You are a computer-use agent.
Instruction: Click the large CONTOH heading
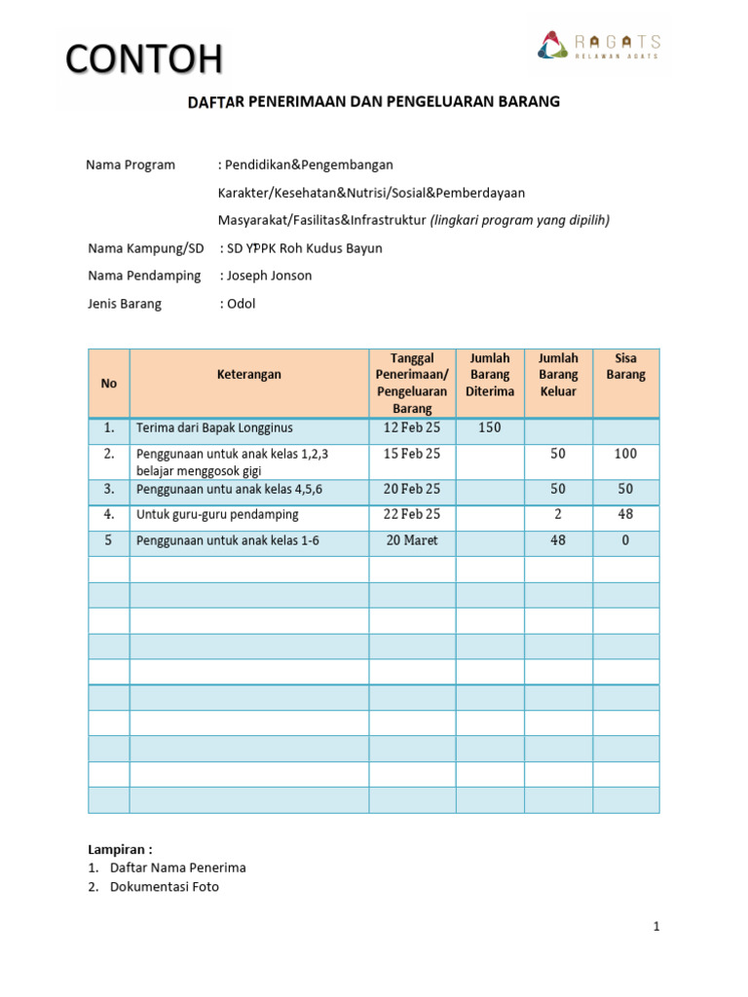click(x=144, y=59)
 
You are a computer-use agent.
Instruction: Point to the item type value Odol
click(x=241, y=304)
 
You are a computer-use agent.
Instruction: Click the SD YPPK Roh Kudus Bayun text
click(x=304, y=248)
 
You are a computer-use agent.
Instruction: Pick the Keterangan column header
click(x=248, y=374)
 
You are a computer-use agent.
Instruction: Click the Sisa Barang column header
click(x=625, y=366)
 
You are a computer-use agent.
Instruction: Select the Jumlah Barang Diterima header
click(x=490, y=374)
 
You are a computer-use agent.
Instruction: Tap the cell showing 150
click(x=490, y=427)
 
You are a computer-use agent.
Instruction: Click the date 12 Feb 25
click(x=412, y=427)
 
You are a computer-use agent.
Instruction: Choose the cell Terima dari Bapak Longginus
click(x=214, y=427)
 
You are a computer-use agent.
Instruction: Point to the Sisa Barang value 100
click(x=625, y=454)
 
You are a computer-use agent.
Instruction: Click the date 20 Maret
click(x=412, y=540)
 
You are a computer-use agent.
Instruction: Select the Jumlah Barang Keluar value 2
click(x=558, y=514)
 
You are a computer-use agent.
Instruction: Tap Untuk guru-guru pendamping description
click(x=217, y=514)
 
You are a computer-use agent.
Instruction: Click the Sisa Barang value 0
click(x=625, y=540)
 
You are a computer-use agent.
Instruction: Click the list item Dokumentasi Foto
click(x=165, y=887)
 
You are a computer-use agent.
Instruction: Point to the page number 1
click(x=656, y=927)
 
